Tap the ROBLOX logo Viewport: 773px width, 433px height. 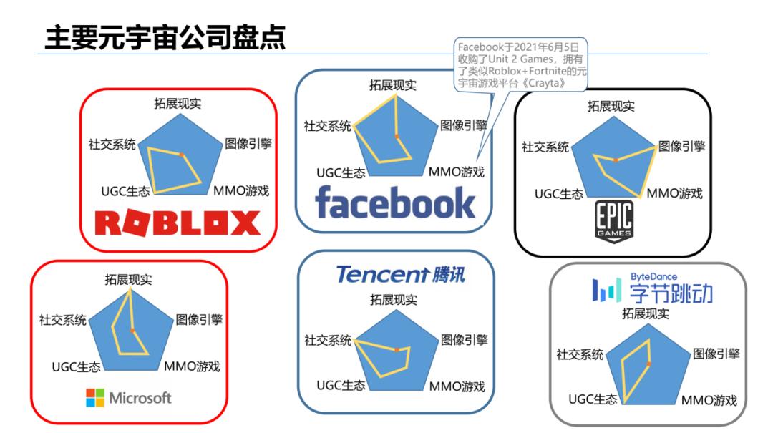pos(178,223)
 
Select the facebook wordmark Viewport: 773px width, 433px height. pos(395,203)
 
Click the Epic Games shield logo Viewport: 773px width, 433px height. pos(614,222)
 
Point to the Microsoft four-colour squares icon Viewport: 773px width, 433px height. pos(95,398)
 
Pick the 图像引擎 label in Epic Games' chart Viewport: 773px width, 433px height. pos(681,146)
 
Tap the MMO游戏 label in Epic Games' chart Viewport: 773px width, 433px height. pos(674,193)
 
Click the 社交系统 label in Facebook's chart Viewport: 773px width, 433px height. pos(327,126)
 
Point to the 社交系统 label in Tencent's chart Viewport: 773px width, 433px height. pos(328,340)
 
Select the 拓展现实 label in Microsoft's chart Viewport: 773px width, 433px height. pos(129,279)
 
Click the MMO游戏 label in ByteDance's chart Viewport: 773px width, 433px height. pos(709,400)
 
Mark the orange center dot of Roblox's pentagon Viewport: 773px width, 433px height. pos(182,155)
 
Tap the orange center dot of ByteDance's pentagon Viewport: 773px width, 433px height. pos(648,364)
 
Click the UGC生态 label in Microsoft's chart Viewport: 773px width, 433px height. pos(76,367)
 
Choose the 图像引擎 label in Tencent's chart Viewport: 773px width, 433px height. pos(464,339)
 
